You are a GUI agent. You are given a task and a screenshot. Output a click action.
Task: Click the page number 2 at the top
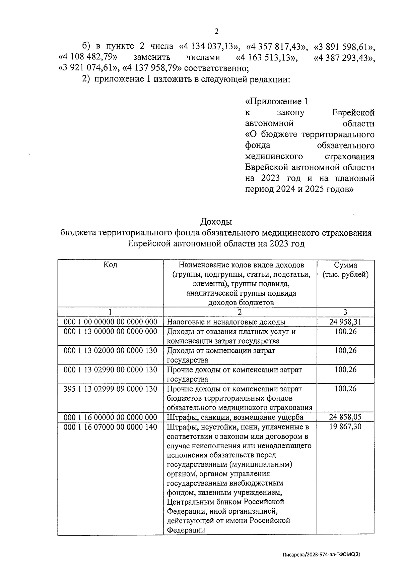[x=216, y=32]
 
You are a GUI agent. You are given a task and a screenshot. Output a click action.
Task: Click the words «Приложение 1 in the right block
[x=276, y=102]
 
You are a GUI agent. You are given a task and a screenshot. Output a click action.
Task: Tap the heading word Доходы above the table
[x=216, y=222]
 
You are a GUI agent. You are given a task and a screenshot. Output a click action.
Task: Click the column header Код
[x=110, y=265]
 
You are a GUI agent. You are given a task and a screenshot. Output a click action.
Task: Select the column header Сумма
[x=345, y=265]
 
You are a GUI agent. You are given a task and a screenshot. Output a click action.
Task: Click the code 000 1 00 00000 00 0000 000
[x=110, y=322]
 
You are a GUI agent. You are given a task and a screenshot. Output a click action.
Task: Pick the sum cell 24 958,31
[x=345, y=322]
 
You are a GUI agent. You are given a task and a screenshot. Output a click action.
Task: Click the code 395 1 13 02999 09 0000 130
[x=110, y=389]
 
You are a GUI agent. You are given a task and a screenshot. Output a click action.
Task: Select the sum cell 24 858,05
[x=345, y=417]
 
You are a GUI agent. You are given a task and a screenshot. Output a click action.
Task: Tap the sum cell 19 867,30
[x=345, y=427]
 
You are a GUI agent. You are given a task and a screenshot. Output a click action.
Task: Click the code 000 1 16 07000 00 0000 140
[x=110, y=427]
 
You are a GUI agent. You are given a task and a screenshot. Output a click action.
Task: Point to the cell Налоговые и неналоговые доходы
[x=226, y=323]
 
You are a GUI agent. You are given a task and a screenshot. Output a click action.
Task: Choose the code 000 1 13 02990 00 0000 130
[x=110, y=370]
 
